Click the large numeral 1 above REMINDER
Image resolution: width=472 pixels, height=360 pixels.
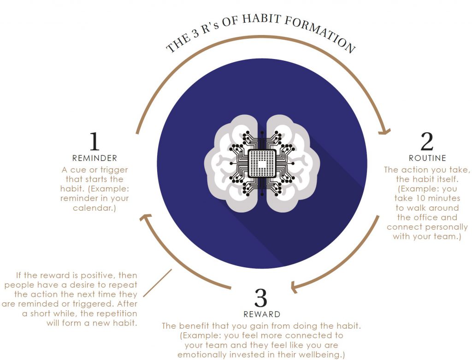pos(94,141)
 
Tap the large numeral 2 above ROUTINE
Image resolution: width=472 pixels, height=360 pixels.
pos(427,141)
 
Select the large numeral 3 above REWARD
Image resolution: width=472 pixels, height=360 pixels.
pos(261,298)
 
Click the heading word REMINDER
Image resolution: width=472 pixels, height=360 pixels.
pos(94,158)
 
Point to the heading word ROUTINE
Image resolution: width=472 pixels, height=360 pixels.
pos(427,158)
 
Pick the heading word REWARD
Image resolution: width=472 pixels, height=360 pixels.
pos(262,314)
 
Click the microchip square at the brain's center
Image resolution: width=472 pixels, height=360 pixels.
pos(262,164)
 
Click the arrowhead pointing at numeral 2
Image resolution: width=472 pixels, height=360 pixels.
pos(384,131)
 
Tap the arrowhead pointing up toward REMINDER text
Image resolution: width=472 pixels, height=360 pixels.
pos(145,217)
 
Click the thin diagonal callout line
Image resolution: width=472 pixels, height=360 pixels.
pos(157,283)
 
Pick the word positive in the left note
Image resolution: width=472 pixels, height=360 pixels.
pos(98,276)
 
